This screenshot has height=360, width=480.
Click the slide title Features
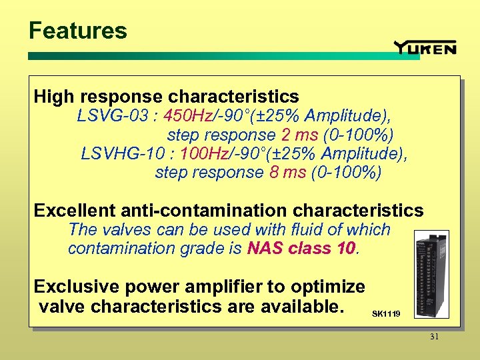point(77,31)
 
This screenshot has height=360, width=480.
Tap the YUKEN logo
point(425,47)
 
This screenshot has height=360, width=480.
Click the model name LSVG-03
point(113,116)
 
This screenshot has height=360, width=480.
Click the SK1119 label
point(386,313)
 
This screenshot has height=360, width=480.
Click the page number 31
point(434,337)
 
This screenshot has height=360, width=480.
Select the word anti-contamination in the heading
point(204,211)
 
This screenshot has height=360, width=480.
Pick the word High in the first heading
point(54,97)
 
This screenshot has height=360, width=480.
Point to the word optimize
point(331,287)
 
